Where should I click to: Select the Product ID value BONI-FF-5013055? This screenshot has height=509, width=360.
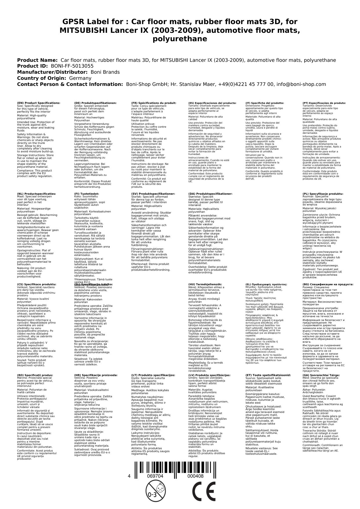click(x=72, y=66)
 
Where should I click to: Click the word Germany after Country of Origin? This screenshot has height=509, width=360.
click(x=80, y=78)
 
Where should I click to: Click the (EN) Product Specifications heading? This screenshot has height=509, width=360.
click(x=39, y=103)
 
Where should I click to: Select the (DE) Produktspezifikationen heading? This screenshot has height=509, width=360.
click(x=95, y=103)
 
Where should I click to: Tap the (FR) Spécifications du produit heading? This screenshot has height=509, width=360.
click(x=154, y=103)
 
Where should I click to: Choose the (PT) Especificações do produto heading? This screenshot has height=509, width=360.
click(x=324, y=103)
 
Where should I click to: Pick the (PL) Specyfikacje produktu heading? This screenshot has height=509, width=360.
click(x=323, y=194)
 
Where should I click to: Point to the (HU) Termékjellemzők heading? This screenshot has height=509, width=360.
click(x=205, y=284)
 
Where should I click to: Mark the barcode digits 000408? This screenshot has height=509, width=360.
click(x=195, y=476)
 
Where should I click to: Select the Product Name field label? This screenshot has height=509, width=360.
click(x=37, y=60)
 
